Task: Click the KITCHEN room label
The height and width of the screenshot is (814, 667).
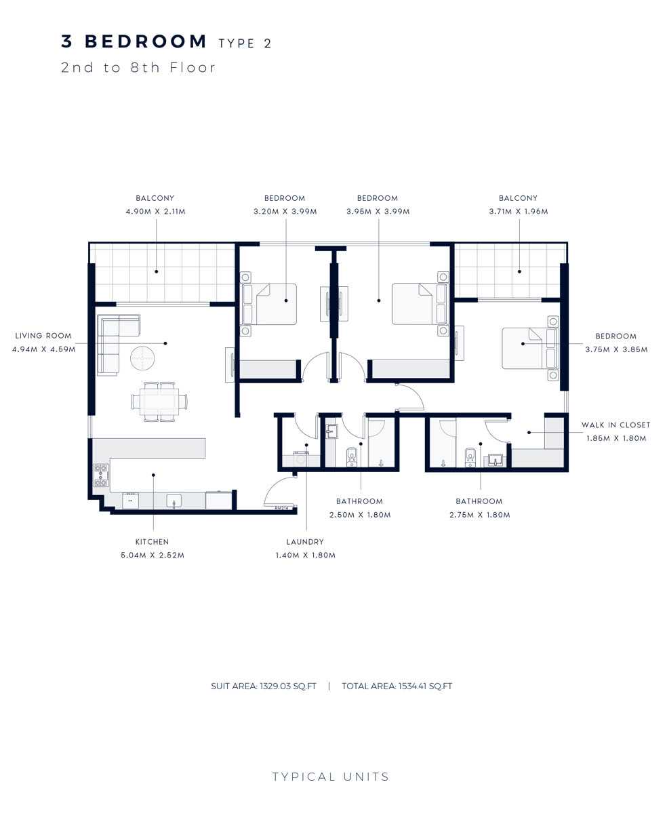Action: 152,542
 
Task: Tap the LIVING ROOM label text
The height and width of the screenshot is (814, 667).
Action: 43,336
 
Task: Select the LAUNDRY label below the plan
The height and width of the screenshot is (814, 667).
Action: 304,542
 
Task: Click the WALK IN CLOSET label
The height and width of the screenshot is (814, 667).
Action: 615,425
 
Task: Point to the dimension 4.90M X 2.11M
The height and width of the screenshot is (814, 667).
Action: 155,212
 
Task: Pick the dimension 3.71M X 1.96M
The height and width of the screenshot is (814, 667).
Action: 518,212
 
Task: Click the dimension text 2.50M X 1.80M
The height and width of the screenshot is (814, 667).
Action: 359,515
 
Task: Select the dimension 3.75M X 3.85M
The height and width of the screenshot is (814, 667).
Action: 615,350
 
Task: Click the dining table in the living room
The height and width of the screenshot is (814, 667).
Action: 159,401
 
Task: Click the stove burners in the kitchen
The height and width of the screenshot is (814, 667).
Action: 101,475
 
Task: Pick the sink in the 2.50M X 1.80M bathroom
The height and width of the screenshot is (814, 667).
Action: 332,431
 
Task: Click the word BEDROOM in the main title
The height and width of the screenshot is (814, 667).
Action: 146,41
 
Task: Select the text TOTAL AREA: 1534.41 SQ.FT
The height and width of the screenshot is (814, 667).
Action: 397,686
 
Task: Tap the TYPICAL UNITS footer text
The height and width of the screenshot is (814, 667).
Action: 331,777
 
